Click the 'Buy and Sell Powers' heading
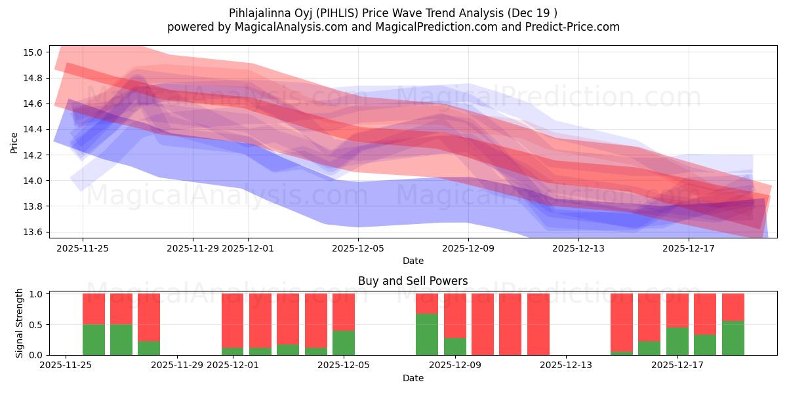tap(413, 281)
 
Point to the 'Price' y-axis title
tap(14, 143)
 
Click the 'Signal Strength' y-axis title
tap(20, 323)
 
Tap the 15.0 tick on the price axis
tap(35, 52)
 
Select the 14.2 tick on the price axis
tap(35, 155)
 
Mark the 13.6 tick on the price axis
tap(35, 232)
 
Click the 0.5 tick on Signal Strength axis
tap(35, 325)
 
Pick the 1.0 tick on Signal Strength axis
tap(35, 294)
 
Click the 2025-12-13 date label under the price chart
tap(578, 248)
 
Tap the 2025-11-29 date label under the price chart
tap(193, 248)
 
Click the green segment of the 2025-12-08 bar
tap(427, 335)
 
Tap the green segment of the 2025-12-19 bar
tap(733, 338)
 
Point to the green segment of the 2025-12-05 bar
tap(344, 343)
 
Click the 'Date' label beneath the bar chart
tap(413, 378)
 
